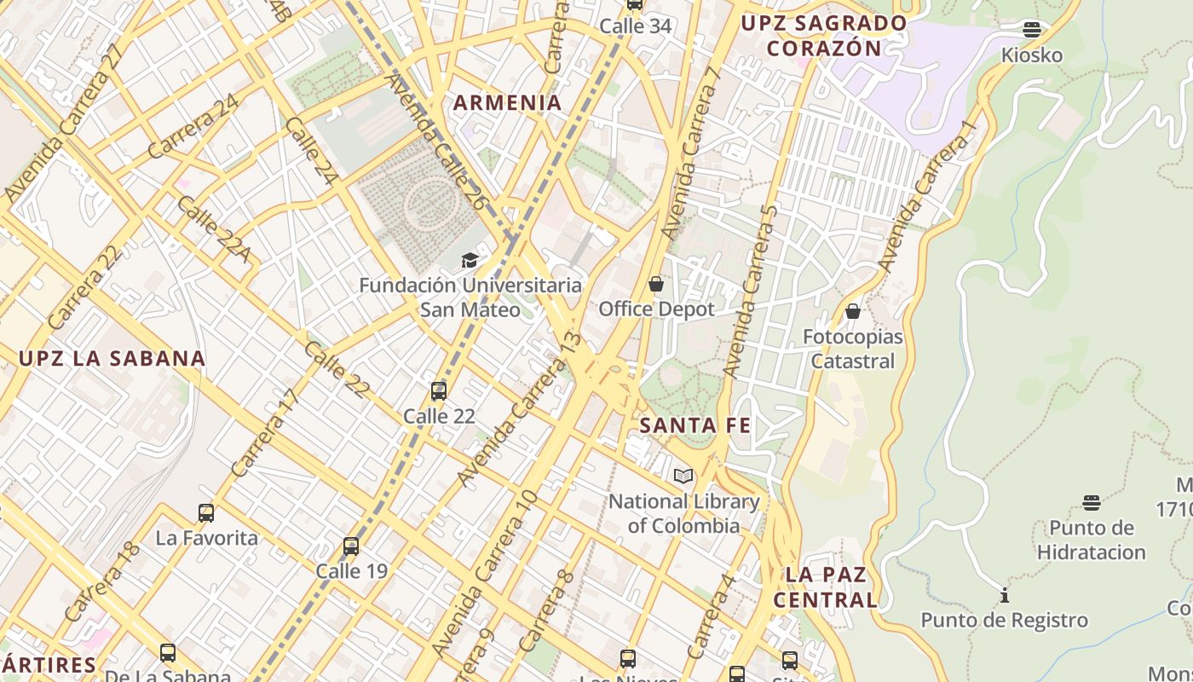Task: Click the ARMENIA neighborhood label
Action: point(507,103)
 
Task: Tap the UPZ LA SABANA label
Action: point(112,358)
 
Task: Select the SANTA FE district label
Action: point(694,425)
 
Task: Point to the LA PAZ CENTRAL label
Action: point(825,587)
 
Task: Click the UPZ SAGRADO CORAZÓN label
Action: point(824,35)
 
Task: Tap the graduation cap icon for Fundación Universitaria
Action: point(469,260)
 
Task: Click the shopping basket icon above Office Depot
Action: point(656,284)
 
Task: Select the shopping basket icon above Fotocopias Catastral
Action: point(853,311)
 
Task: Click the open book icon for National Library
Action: point(683,476)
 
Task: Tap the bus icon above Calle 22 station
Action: point(439,391)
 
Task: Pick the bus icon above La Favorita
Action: point(206,513)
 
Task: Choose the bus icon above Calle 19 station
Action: point(351,546)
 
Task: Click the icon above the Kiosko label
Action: point(1032,30)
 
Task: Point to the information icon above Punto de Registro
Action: point(1005,595)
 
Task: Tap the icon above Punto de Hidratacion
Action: point(1092,502)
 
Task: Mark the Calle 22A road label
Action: point(213,228)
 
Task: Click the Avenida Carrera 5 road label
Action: point(750,292)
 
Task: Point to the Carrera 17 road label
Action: point(265,433)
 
